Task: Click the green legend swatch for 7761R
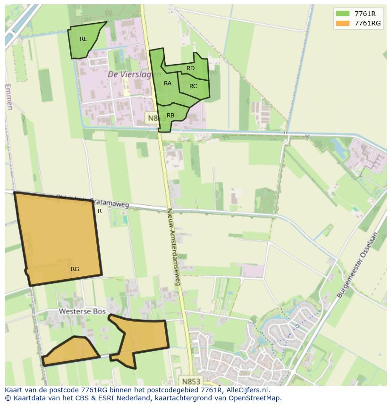(342, 13)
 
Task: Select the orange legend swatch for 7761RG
(342, 23)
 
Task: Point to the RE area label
(84, 39)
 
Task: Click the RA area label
(168, 83)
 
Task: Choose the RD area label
(190, 68)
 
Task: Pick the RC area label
(193, 86)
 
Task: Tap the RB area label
(170, 116)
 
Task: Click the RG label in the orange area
(75, 269)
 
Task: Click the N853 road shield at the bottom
(191, 381)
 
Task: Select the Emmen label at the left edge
(9, 97)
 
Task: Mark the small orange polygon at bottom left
(71, 351)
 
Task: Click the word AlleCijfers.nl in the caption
(246, 390)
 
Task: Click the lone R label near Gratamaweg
(100, 211)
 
